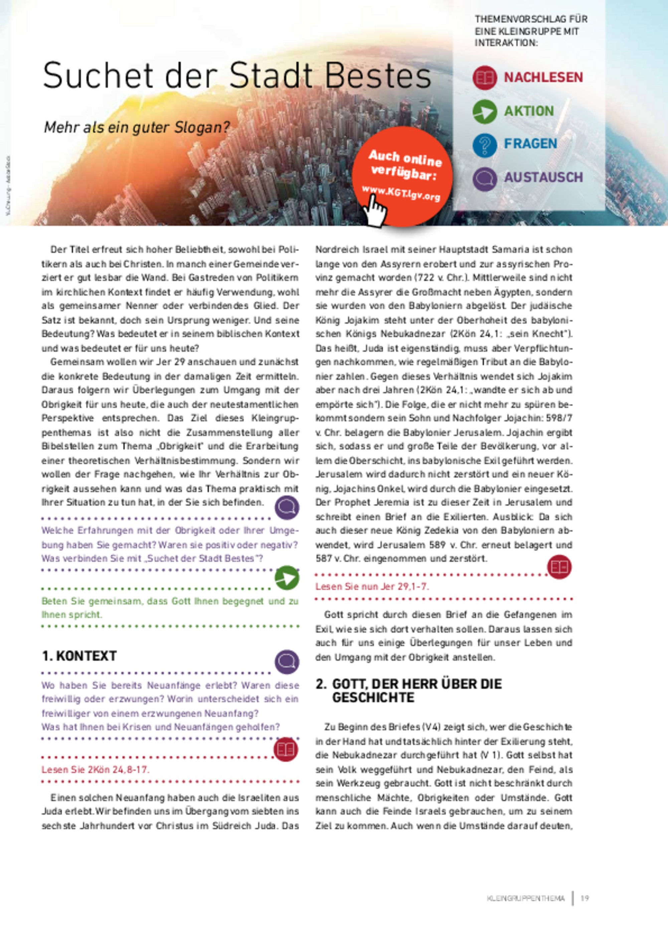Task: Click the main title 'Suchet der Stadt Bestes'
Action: pos(236,76)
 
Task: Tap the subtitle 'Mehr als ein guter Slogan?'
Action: pos(136,128)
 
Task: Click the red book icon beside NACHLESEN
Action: pos(484,78)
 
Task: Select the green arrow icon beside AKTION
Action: pos(484,111)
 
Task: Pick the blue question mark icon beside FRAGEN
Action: pos(484,145)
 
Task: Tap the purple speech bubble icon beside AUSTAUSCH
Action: pos(484,178)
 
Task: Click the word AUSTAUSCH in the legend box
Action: pos(543,177)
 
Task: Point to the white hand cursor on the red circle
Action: pos(375,211)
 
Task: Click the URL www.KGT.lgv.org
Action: pos(401,193)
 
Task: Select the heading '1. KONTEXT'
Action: pos(79,656)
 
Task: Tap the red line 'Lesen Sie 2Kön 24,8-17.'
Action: pos(95,769)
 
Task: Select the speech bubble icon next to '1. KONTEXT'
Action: pos(287,662)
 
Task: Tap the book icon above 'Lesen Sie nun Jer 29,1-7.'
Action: pos(559,567)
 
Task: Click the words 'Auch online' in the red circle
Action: pos(405,158)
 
